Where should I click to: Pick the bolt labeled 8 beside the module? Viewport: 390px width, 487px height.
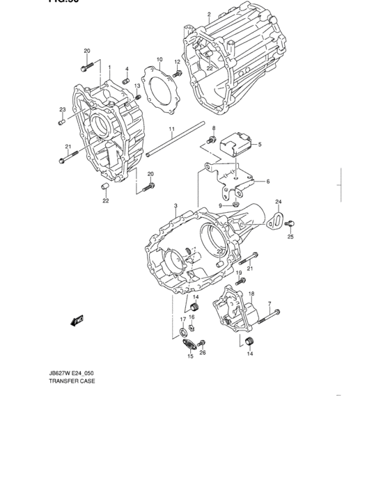pos(210,141)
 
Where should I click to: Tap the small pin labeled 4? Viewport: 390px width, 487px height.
pos(127,81)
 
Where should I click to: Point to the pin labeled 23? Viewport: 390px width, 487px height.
pos(62,122)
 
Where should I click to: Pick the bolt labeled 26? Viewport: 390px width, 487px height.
pos(201,343)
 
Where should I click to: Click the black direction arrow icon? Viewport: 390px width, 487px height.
pos(76,320)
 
